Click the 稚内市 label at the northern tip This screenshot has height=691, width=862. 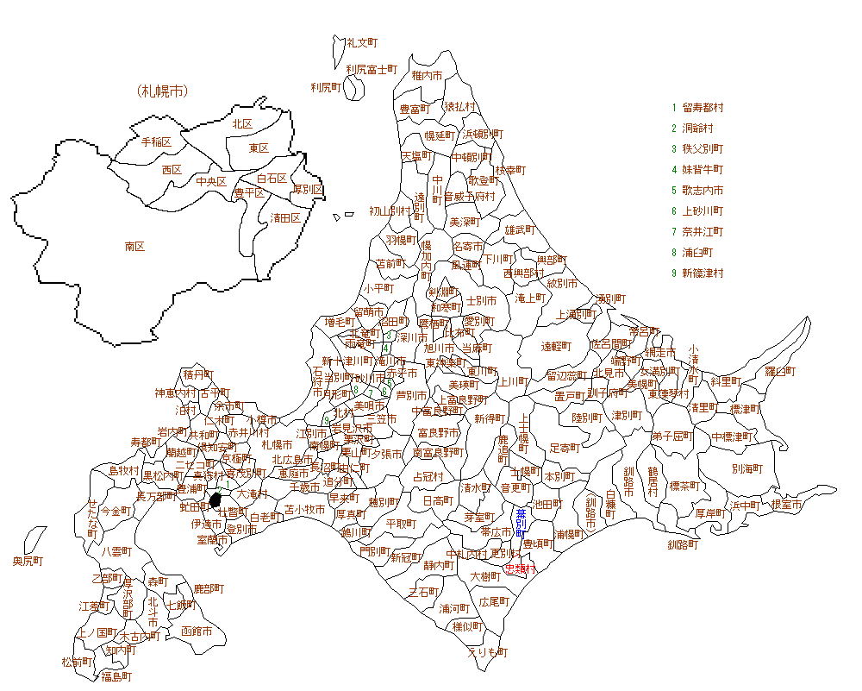point(427,76)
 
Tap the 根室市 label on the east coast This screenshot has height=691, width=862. point(786,505)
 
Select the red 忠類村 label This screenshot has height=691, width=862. point(521,569)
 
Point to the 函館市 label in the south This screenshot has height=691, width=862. point(197,631)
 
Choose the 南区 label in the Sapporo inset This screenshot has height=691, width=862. point(134,246)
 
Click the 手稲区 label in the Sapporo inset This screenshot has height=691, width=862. point(156,141)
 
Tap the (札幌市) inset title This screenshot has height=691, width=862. point(162,91)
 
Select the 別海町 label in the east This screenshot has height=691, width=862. point(747,470)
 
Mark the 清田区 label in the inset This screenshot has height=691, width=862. point(285,217)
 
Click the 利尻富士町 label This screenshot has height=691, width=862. point(372,68)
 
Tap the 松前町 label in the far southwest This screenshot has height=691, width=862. point(77,662)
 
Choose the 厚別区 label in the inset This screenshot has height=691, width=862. point(308,189)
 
